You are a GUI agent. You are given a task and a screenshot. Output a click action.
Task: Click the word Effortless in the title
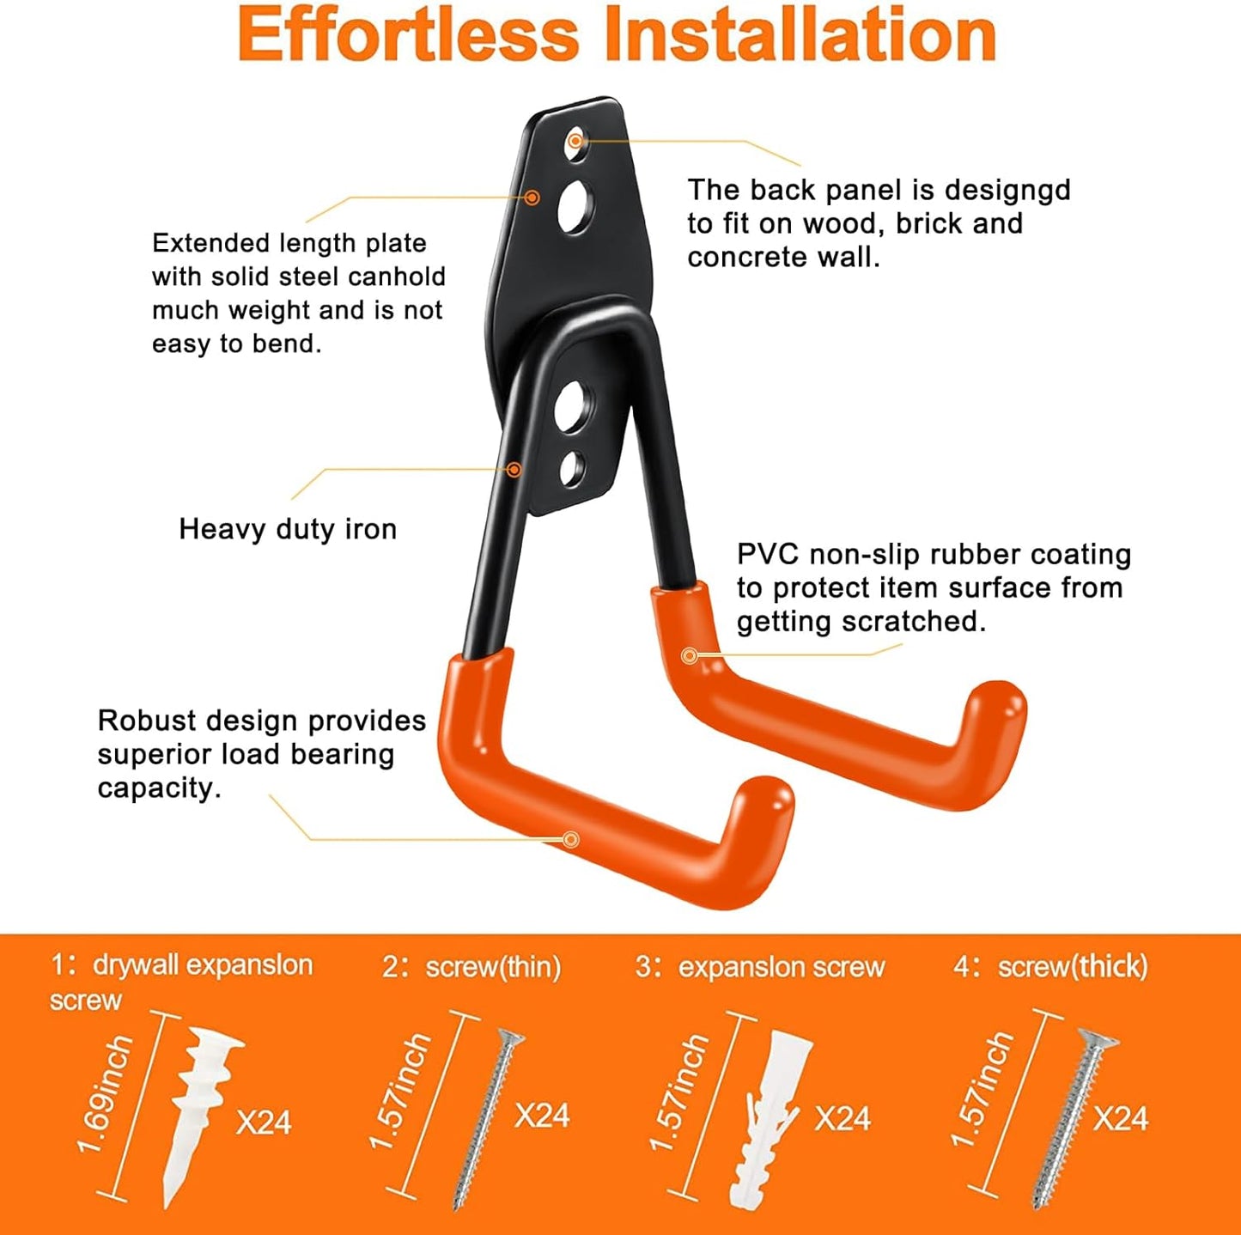pos(409,35)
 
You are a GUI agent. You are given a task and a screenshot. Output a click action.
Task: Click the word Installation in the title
pos(799,35)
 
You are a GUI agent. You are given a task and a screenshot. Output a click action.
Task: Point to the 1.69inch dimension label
pos(105,1095)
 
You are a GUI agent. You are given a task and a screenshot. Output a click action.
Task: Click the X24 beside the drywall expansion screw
pos(264,1122)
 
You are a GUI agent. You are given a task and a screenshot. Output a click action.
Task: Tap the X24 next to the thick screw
pos(1121,1118)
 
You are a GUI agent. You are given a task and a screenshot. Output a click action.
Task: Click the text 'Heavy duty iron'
pos(288,529)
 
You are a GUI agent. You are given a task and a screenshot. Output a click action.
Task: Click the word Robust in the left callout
pos(148,721)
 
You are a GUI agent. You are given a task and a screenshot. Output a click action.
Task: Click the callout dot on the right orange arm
pos(689,656)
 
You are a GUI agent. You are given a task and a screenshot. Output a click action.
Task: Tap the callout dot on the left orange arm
pos(571,839)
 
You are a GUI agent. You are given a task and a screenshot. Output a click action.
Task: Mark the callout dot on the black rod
pos(514,469)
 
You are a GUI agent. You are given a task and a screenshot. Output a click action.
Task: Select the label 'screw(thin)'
pos(493,967)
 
